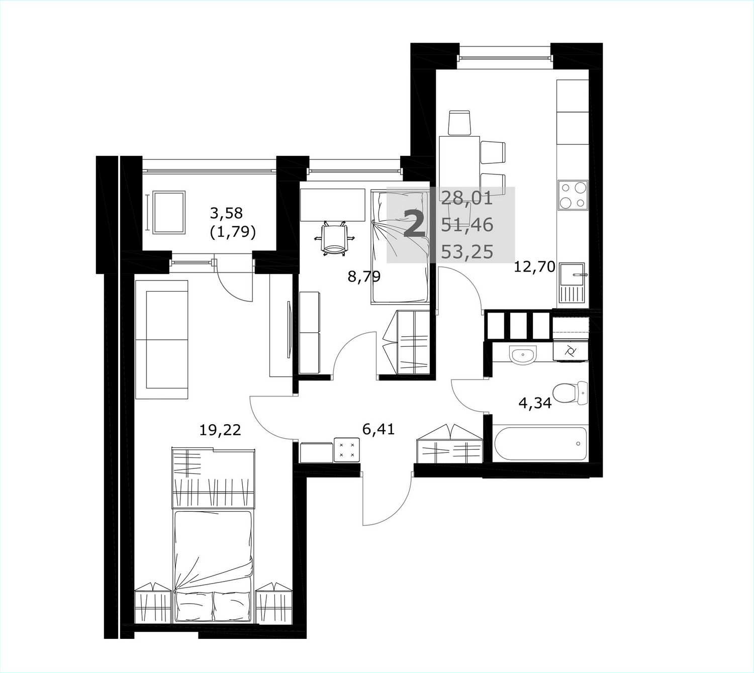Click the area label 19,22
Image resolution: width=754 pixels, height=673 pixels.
[220, 430]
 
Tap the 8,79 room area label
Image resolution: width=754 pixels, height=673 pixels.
[363, 276]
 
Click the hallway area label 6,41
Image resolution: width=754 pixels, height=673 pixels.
[379, 429]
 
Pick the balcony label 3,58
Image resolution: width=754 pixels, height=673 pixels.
[226, 213]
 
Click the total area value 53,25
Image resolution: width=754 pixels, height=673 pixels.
[467, 252]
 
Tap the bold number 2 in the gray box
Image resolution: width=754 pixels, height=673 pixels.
[414, 223]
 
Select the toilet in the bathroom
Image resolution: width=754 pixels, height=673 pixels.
[570, 394]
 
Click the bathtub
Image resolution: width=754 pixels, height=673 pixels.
[540, 444]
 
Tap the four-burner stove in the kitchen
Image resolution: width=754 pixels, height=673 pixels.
[573, 195]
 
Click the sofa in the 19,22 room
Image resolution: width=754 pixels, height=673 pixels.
[161, 339]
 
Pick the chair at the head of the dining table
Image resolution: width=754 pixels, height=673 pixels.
[460, 123]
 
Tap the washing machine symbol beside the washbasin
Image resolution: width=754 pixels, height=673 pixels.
[570, 351]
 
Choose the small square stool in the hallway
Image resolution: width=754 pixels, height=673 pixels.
[346, 450]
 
